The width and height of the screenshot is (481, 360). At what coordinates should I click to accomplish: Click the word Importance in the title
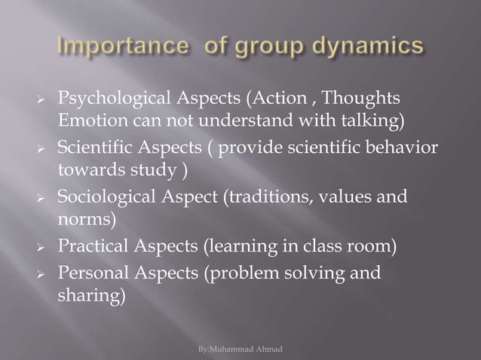click(x=110, y=47)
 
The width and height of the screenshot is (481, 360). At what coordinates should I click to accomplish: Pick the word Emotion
click(x=89, y=121)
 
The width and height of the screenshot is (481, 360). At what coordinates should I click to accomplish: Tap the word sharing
click(x=88, y=295)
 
